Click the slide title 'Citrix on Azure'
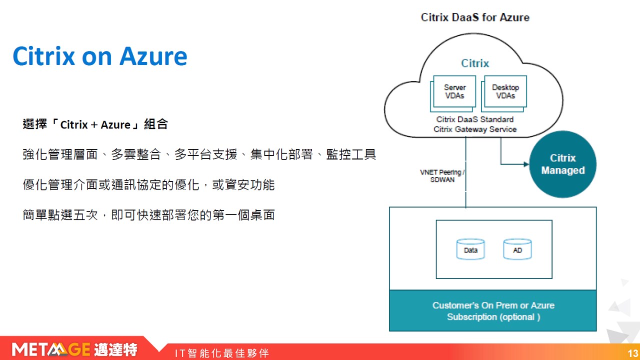pos(100,56)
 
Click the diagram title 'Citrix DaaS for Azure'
pos(475,17)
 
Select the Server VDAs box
pos(453,93)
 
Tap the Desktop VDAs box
pos(504,93)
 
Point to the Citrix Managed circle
pos(562,164)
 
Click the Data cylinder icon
pos(470,249)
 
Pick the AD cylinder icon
pos(517,249)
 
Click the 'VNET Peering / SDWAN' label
pos(442,175)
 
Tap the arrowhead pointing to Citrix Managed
pos(526,164)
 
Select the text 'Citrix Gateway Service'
pos(475,129)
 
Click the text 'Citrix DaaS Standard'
pos(475,119)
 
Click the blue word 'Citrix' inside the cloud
pos(475,63)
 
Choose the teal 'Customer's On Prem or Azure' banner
pos(493,311)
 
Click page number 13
pos(633,353)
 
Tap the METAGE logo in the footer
pos(74,349)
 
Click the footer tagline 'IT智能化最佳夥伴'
pos(222,353)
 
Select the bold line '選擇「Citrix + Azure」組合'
pos(95,124)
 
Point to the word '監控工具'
pos(351,154)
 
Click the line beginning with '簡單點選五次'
pos(149,215)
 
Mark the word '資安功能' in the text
pos(249,185)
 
